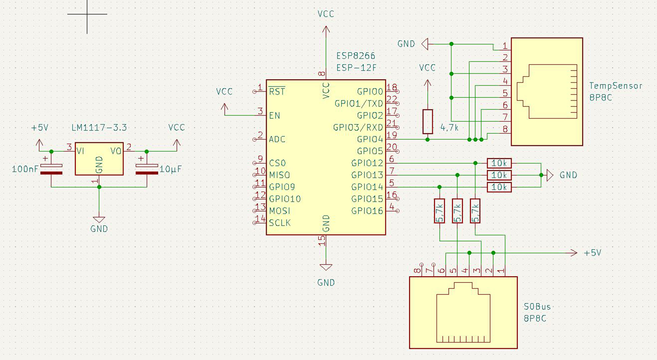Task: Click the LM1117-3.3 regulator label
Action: pos(99,127)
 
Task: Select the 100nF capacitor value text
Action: pos(25,169)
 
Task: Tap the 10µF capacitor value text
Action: pos(170,169)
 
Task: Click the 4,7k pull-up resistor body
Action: pos(427,122)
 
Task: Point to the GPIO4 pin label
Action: pos(370,139)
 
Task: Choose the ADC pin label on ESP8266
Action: pos(277,139)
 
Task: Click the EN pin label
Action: pos(275,116)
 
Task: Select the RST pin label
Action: pos(277,92)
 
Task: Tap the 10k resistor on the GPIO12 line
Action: pos(499,163)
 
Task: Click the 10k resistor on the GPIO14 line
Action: pos(499,187)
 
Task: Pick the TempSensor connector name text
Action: pos(616,86)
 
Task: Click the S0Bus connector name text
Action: pos(537,307)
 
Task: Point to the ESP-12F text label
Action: pos(356,68)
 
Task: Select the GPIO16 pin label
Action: pos(367,211)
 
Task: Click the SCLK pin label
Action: pos(280,223)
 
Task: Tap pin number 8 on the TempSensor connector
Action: pos(505,129)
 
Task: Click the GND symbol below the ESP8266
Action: pos(326,267)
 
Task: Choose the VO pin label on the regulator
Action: pos(116,151)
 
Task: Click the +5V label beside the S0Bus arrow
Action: pos(593,253)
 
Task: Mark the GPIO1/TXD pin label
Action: pos(359,103)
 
